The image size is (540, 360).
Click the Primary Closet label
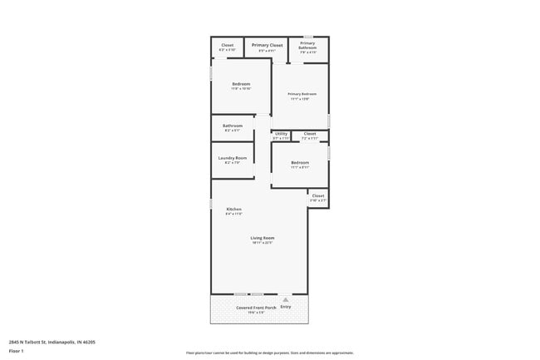point(267,45)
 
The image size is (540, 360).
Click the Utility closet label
point(281,133)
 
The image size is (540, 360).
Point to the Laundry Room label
point(233,158)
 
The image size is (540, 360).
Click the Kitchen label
point(234,208)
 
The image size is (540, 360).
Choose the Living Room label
point(263,238)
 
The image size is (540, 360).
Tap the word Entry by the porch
point(286,307)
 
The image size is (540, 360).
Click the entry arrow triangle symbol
point(285,298)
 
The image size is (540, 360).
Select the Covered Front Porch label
point(256,307)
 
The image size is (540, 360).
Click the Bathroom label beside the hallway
point(233,126)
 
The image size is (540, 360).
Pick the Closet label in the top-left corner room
point(227,45)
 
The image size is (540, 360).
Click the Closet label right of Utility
point(309,133)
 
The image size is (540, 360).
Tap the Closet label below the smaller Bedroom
point(318,196)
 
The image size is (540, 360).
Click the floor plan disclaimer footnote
point(269,353)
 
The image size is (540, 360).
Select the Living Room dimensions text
point(263,243)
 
